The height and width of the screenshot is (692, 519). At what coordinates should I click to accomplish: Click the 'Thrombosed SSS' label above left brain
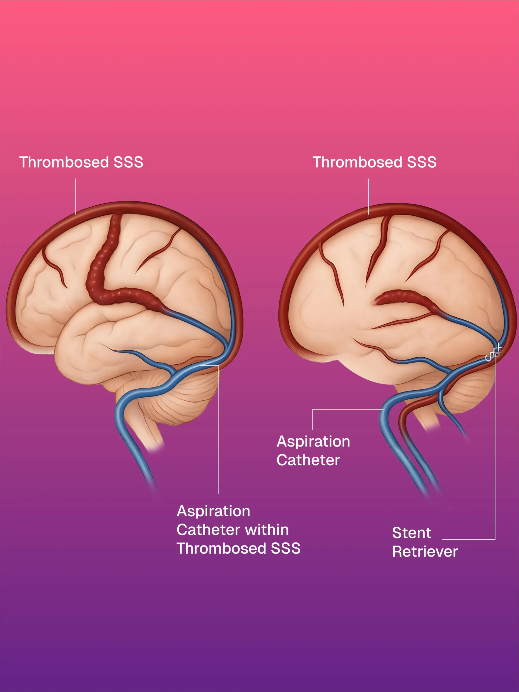81,162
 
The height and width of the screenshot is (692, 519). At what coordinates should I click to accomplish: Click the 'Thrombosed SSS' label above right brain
374,162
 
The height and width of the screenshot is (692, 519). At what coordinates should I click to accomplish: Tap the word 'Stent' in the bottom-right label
412,533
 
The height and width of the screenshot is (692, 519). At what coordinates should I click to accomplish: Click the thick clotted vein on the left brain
100,275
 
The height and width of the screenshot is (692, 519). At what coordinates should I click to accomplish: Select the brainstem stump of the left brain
150,435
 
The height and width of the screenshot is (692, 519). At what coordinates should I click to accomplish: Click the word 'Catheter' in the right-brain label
308,460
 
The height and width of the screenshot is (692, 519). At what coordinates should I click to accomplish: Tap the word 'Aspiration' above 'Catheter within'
213,511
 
